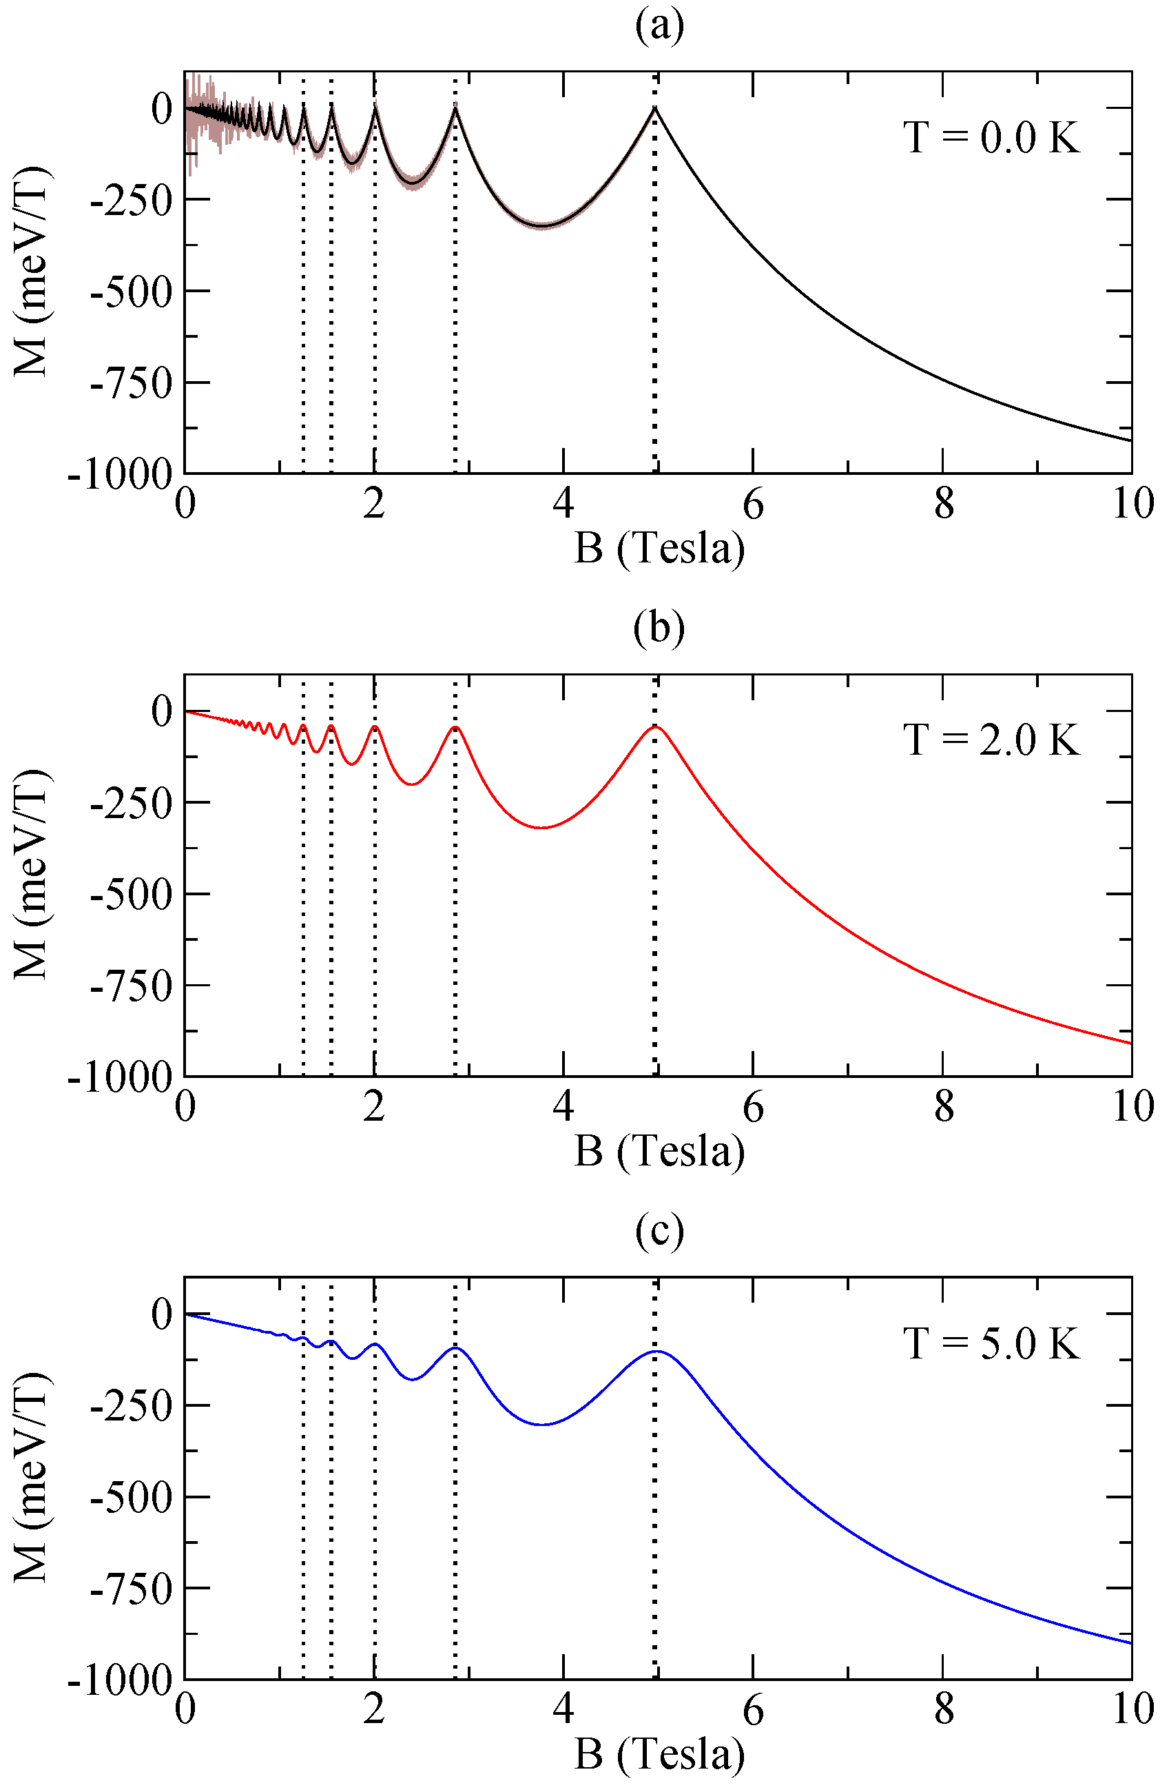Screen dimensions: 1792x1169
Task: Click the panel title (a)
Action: (659, 26)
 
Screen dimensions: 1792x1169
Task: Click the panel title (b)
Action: (659, 628)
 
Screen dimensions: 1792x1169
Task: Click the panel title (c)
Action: (659, 1230)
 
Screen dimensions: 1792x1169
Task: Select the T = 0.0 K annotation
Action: (991, 139)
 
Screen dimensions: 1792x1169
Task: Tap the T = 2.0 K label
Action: (991, 740)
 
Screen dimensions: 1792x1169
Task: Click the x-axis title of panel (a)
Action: (659, 548)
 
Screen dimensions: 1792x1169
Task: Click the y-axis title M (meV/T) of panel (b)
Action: (32, 874)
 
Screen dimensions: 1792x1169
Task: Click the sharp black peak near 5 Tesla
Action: (655, 108)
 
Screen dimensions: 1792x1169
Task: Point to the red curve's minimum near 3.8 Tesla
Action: (543, 828)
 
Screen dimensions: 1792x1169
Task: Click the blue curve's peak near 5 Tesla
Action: (656, 1352)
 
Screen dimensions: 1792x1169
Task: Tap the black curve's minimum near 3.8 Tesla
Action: (543, 226)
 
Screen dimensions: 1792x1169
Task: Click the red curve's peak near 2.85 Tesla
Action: (455, 727)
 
